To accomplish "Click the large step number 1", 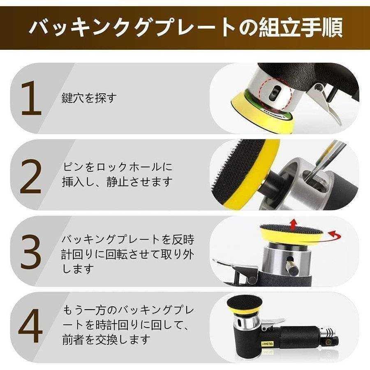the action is click(32, 98).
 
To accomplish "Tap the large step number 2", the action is click(31, 176).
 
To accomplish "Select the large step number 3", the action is click(31, 252).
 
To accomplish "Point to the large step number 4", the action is click(30, 326).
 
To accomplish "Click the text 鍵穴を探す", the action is click(89, 98).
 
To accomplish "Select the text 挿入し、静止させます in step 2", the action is click(117, 182).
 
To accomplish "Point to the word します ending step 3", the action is click(77, 269).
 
